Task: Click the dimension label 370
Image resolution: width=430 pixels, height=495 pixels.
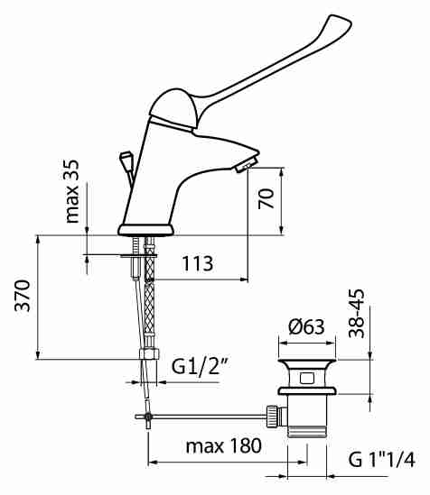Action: click(23, 296)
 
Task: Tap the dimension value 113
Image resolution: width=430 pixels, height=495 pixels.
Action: click(198, 263)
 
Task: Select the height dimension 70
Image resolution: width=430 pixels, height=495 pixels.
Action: click(266, 198)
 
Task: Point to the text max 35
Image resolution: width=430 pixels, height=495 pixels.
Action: click(71, 191)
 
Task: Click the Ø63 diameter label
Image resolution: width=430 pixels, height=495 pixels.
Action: click(306, 326)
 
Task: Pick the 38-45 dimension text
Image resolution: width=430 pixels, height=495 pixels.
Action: click(356, 314)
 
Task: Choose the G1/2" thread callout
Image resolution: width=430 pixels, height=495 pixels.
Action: click(200, 366)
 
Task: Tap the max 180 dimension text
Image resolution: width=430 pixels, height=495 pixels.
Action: click(224, 445)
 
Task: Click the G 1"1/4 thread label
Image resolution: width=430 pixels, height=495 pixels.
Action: click(381, 459)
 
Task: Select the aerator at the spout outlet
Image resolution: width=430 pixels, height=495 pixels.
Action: click(246, 165)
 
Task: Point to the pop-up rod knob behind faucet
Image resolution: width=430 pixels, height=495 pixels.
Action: click(125, 158)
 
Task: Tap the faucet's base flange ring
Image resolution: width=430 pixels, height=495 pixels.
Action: click(146, 230)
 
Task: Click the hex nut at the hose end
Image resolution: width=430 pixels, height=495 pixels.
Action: click(149, 353)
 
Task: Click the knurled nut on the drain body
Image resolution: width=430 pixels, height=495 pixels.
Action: click(272, 417)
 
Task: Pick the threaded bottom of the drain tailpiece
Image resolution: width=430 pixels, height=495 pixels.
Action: click(307, 432)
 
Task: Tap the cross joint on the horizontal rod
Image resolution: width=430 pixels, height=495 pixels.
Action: click(148, 417)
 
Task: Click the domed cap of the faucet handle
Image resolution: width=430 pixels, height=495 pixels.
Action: click(173, 108)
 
